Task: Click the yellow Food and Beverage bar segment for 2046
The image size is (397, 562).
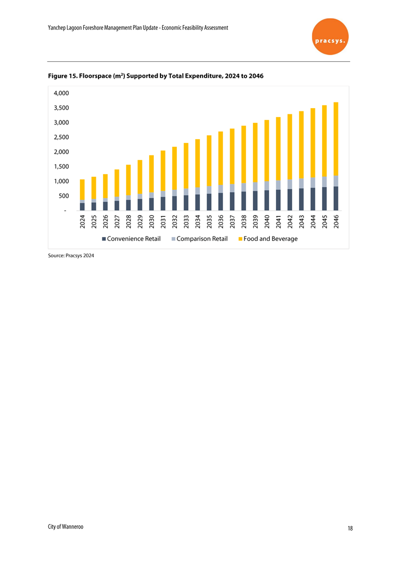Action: point(336,139)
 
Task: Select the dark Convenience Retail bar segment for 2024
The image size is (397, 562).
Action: point(82,207)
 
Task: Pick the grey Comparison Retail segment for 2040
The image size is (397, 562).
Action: point(266,186)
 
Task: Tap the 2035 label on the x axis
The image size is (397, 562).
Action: point(209,222)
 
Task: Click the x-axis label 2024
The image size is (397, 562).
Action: point(82,222)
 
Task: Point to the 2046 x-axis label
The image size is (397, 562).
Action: point(336,222)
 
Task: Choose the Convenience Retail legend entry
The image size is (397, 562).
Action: point(131,239)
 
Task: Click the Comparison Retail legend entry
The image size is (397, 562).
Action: point(199,239)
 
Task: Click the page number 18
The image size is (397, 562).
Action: point(350,528)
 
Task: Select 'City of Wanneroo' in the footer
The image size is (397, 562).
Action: point(66,527)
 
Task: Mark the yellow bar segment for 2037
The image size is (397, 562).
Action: point(232,156)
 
